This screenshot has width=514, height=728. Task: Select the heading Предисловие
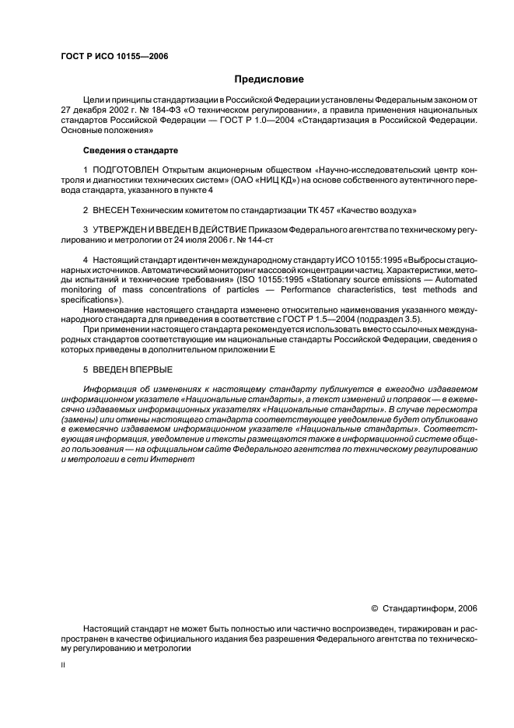269,79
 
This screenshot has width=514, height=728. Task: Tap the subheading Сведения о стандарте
130,149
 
